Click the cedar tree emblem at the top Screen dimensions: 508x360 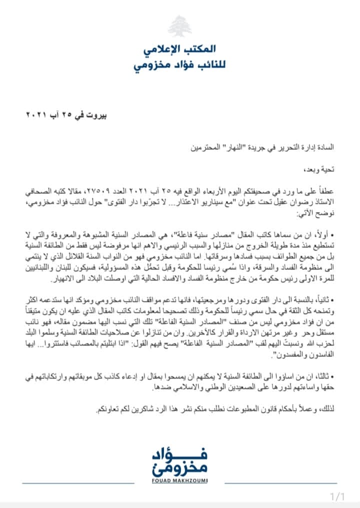[x=179, y=26]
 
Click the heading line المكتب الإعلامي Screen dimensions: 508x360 [x=180, y=49]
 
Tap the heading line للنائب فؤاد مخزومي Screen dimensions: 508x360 [x=179, y=66]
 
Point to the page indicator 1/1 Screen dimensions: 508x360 [x=338, y=496]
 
